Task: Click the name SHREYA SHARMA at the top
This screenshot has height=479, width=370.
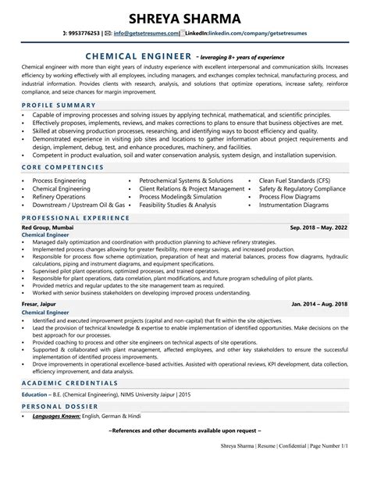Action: [x=185, y=16]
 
